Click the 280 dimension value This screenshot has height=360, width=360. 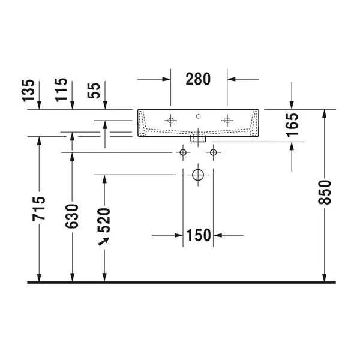[198, 79]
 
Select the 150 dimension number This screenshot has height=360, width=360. [199, 235]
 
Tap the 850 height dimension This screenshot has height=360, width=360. [325, 192]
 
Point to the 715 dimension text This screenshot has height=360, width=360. [38, 208]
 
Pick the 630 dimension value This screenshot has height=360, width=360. [71, 216]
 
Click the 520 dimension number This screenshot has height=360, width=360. [104, 220]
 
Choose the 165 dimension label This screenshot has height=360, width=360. [292, 125]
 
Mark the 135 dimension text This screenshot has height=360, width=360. [28, 91]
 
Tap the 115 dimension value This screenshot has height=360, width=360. [61, 90]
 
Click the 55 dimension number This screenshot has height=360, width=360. [94, 91]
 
